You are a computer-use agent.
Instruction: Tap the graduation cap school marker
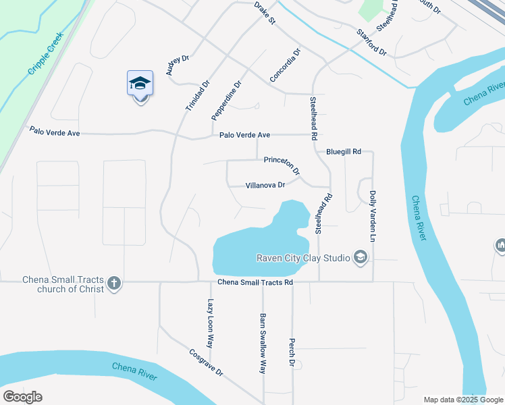point(140,83)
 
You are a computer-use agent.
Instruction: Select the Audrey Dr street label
point(174,66)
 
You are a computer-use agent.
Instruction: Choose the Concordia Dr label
point(284,65)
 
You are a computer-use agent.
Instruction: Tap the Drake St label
point(265,13)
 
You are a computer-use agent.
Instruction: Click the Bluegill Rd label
point(344,152)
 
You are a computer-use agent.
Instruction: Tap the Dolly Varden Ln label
point(372,216)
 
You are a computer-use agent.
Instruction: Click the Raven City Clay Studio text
point(303,257)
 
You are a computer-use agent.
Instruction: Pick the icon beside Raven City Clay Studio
point(361,257)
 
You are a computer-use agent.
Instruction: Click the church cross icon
point(114,283)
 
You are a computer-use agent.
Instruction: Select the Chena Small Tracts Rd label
point(255,282)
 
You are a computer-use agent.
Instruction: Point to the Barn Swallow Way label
point(263,343)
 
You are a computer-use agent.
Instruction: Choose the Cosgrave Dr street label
point(206,363)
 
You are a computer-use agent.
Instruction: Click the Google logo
point(22,397)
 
